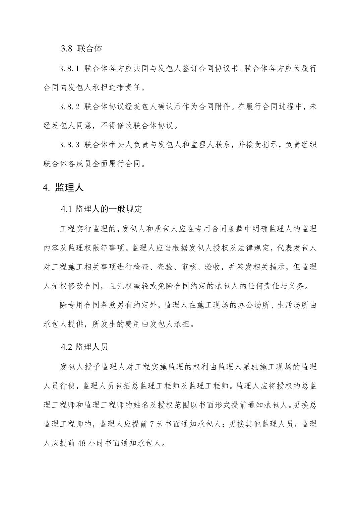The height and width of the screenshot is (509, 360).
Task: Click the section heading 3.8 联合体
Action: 81,49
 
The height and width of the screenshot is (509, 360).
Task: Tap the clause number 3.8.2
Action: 69,107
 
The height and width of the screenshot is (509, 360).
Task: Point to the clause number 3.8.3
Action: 69,145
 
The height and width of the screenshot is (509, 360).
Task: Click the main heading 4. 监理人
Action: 63,188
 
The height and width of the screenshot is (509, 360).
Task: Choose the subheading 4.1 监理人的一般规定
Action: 102,209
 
